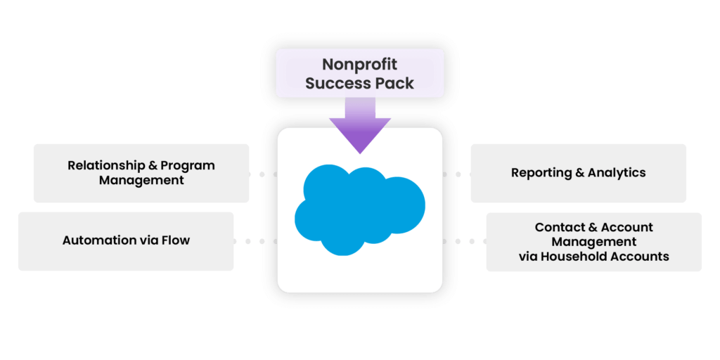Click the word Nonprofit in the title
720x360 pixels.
coord(359,64)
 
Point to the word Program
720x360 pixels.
coord(188,166)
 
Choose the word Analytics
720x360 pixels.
coord(617,172)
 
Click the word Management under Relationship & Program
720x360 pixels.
coord(141,180)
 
